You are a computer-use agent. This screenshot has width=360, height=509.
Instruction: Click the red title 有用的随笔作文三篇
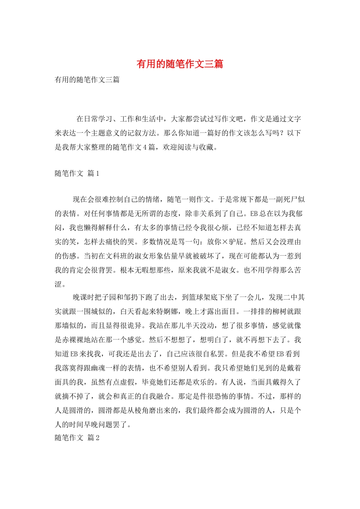[x=180, y=64]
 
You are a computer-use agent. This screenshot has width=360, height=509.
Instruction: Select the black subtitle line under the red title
[x=87, y=80]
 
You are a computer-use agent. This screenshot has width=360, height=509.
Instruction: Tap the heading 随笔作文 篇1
[x=77, y=173]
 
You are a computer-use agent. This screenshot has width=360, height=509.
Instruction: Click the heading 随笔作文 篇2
[x=77, y=438]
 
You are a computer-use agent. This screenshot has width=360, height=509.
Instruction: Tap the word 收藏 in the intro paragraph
[x=207, y=147]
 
